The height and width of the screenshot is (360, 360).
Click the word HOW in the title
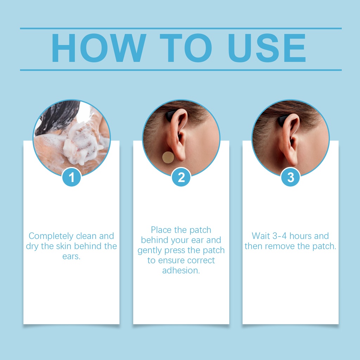(x=99, y=48)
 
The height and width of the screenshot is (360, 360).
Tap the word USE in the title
(x=267, y=48)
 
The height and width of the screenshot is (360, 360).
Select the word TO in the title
(x=186, y=48)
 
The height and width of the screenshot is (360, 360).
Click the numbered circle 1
(x=71, y=177)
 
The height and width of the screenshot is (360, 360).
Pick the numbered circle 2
(x=181, y=177)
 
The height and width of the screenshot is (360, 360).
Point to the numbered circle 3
(x=290, y=177)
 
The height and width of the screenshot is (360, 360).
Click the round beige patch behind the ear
(x=168, y=157)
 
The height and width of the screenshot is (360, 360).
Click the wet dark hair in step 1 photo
(x=57, y=117)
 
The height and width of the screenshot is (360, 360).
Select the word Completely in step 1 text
(x=51, y=236)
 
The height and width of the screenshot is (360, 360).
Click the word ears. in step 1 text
(x=71, y=256)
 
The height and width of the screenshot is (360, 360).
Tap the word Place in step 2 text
(x=161, y=230)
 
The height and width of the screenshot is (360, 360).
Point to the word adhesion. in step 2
(x=181, y=270)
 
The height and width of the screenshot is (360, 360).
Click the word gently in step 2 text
(x=149, y=250)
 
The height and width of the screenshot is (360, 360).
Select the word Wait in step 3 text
(x=261, y=236)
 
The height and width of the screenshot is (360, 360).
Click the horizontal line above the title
(x=181, y=28)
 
